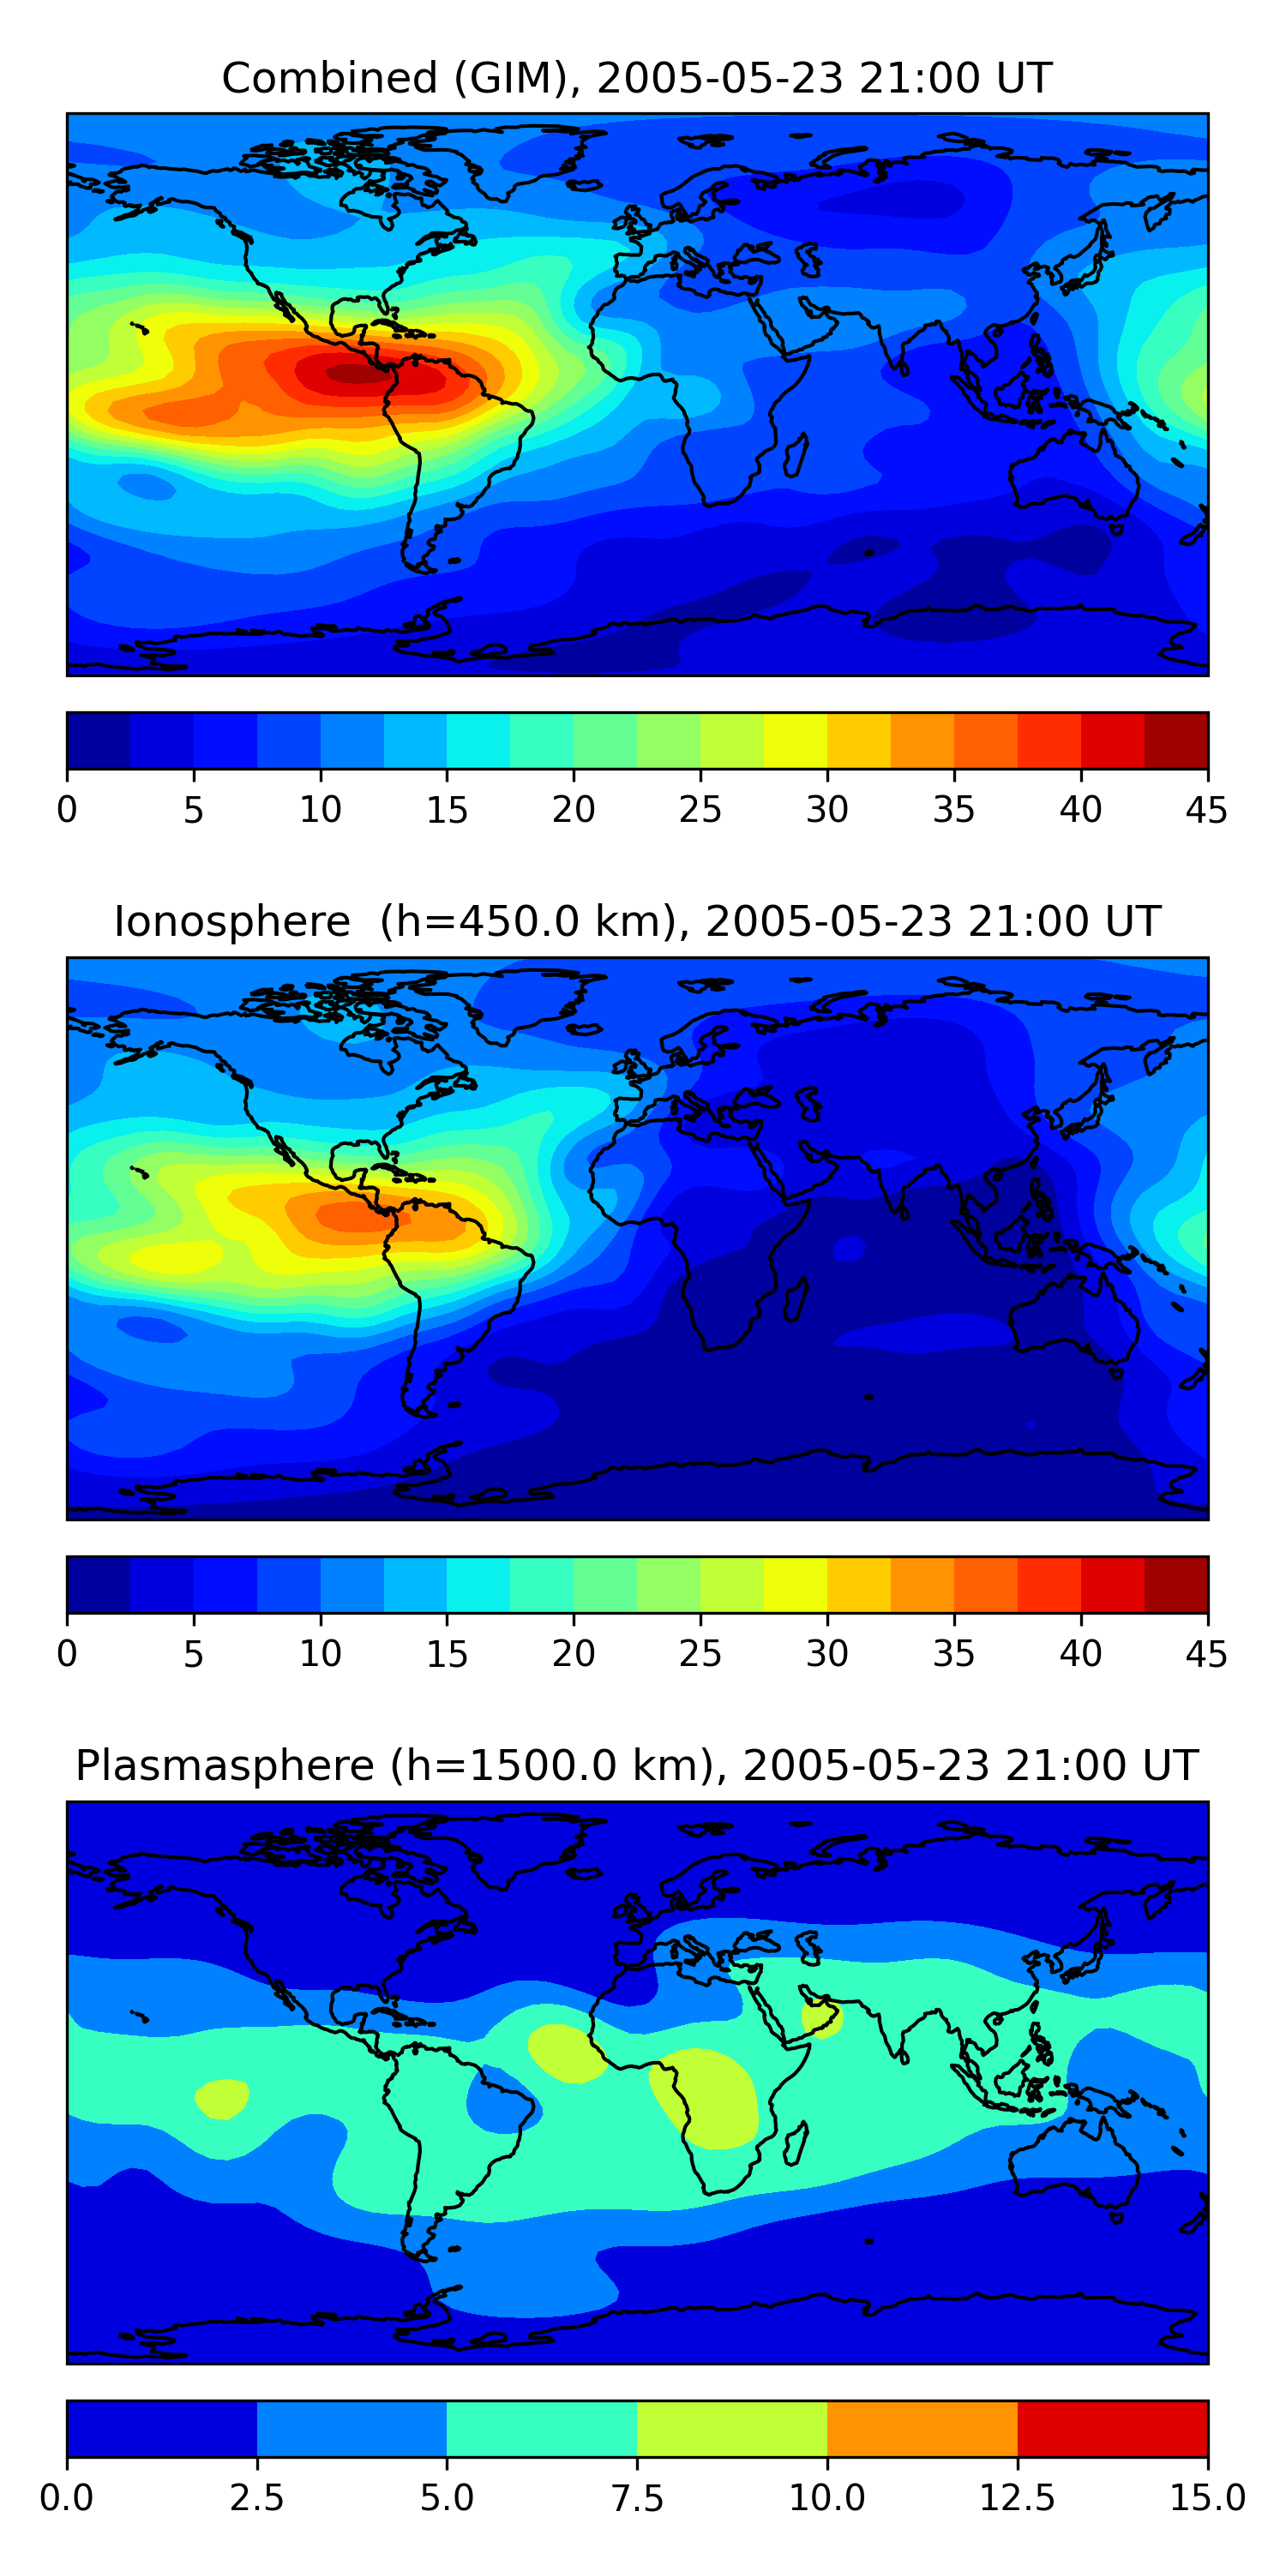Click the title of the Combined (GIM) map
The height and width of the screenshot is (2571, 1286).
[637, 78]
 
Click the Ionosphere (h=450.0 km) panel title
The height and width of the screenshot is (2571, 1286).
[637, 921]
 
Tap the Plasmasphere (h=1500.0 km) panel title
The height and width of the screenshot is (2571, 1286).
[637, 1765]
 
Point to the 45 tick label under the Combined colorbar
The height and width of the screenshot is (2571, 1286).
[1206, 809]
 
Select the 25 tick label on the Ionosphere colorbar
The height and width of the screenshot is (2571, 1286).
[700, 1654]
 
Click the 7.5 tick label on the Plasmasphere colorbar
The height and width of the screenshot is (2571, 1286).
[637, 2497]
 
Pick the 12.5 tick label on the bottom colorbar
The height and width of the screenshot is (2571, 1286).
[1017, 2497]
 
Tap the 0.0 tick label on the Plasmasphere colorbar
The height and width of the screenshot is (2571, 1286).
[67, 2497]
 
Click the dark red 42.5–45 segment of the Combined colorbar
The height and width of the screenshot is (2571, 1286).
[1175, 740]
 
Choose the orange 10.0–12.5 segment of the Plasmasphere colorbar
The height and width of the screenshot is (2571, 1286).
[922, 2428]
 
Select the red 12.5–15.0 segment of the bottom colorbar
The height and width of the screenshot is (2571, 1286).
[1111, 2428]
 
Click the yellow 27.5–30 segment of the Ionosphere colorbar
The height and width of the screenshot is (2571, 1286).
[795, 1584]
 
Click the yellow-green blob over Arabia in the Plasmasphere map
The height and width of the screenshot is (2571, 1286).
[821, 2017]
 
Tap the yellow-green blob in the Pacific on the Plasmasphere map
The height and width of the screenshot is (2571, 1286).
[222, 2097]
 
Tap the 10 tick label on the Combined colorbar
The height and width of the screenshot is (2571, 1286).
[321, 809]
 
